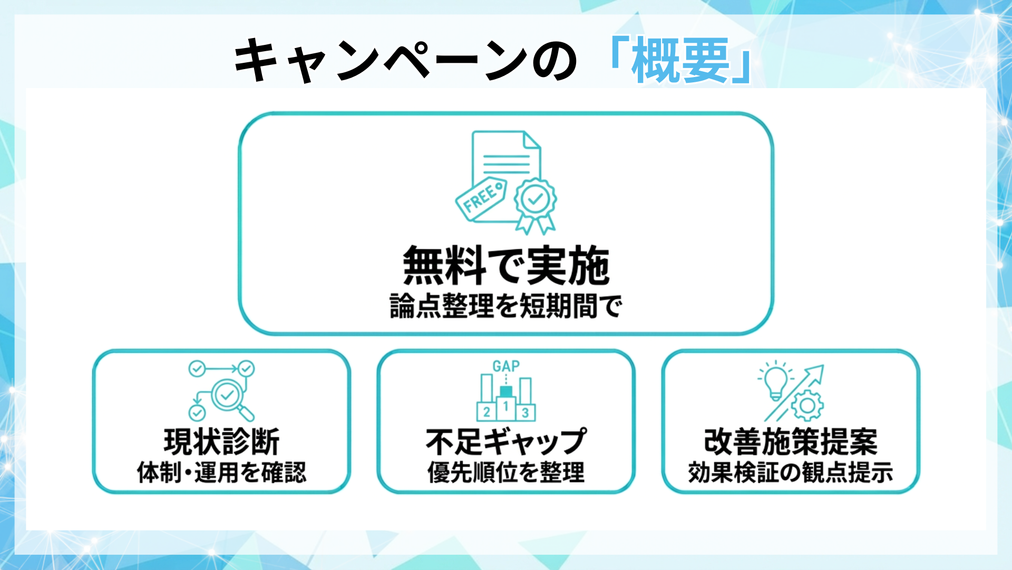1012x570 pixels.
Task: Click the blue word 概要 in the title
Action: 680,61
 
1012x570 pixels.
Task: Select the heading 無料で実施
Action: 506,266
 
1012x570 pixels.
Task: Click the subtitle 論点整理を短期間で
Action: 506,306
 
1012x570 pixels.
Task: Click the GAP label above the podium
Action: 506,366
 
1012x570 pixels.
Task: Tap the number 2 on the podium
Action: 486,412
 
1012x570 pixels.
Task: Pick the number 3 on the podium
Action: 526,413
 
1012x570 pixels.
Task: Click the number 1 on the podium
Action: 506,406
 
